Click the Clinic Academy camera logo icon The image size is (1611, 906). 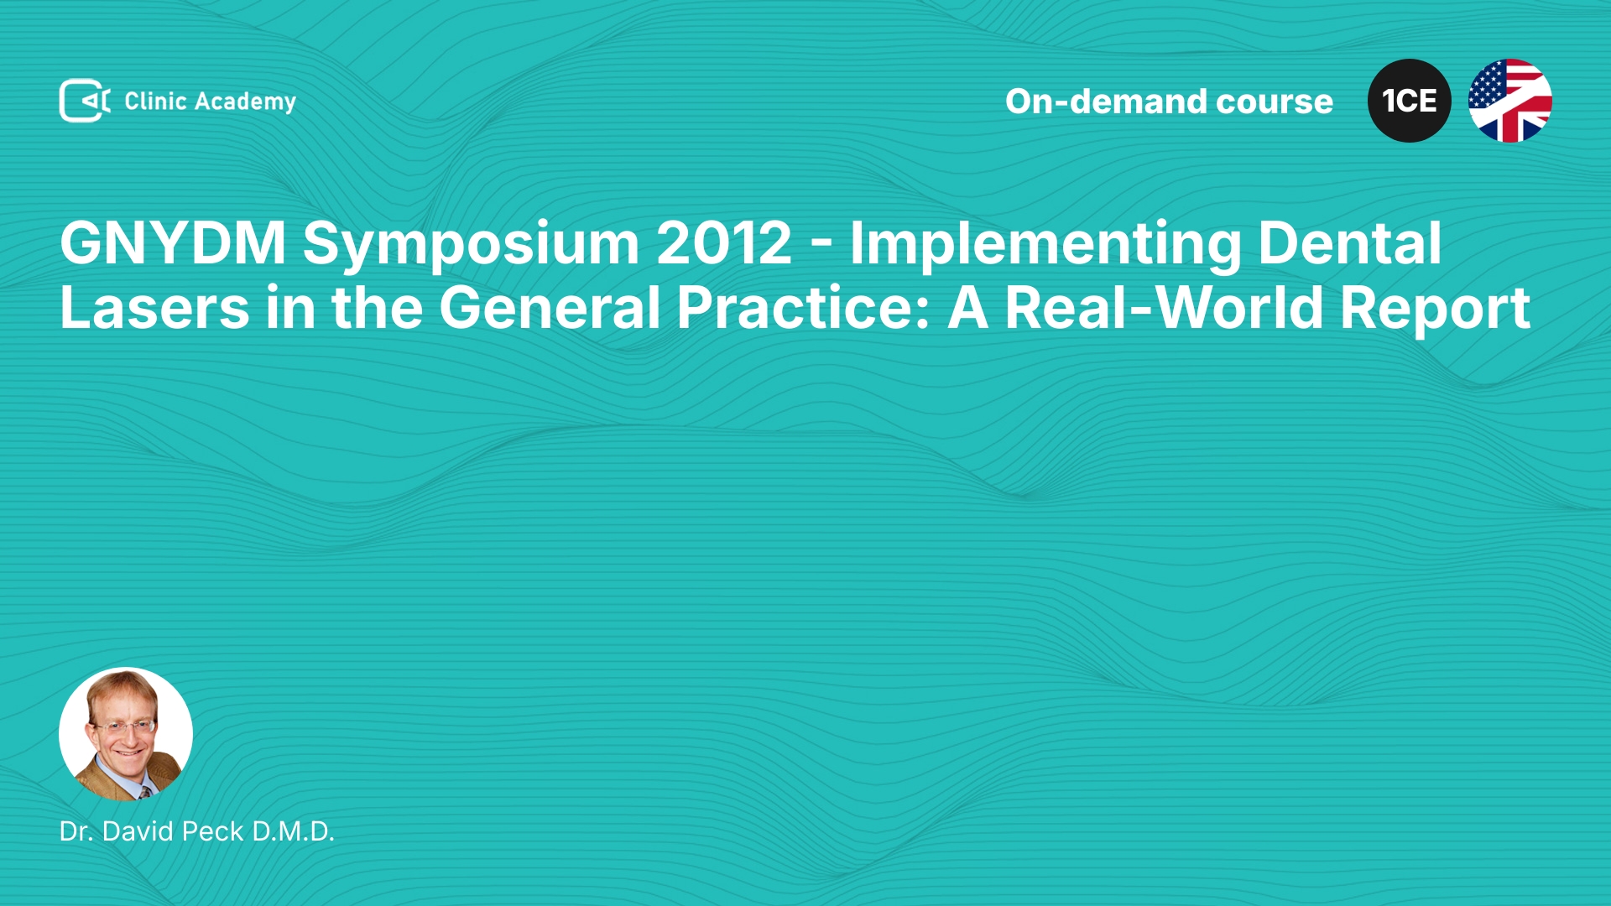(x=85, y=101)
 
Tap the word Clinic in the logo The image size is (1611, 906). (x=155, y=101)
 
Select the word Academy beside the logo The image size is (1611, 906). (x=245, y=102)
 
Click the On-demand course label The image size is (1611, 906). (x=1169, y=102)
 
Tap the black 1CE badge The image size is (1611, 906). (x=1410, y=101)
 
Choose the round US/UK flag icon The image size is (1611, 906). (x=1510, y=101)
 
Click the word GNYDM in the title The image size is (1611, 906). (x=173, y=243)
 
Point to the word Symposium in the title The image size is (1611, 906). (x=472, y=246)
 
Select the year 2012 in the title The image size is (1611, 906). (x=724, y=243)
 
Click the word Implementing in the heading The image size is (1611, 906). (x=1045, y=246)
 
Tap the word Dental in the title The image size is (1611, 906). (x=1349, y=243)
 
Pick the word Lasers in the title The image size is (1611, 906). (x=155, y=307)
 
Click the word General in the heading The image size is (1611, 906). (x=550, y=307)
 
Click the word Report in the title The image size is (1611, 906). (x=1436, y=310)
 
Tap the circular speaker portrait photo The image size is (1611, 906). (x=126, y=734)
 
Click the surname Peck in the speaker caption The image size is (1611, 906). (x=213, y=831)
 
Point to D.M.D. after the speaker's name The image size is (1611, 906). (x=294, y=831)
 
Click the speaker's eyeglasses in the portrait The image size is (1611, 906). (x=124, y=726)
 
